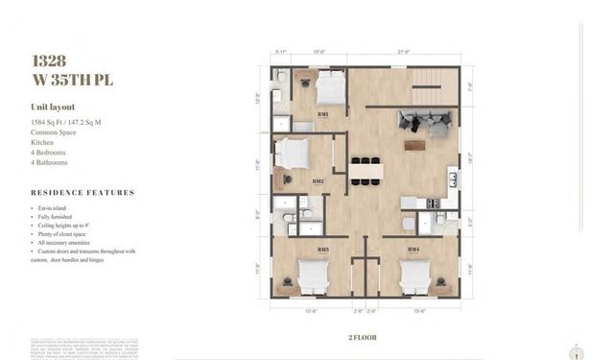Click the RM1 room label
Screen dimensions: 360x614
click(323, 114)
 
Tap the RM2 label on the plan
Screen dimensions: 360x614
click(318, 180)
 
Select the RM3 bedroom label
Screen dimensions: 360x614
click(323, 251)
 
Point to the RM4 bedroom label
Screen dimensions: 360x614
click(413, 251)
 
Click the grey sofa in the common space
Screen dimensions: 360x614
click(425, 122)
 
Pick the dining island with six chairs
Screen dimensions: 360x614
click(365, 171)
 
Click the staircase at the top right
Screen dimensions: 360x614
click(436, 90)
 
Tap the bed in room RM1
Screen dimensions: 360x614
click(329, 91)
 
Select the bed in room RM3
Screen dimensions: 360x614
click(313, 276)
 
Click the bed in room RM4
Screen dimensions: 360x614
click(413, 276)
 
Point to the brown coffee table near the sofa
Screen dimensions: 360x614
click(414, 146)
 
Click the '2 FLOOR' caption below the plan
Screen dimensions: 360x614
click(364, 337)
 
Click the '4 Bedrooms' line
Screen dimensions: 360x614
click(48, 153)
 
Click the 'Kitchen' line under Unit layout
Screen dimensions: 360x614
click(42, 142)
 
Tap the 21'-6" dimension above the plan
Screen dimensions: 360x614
click(405, 52)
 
